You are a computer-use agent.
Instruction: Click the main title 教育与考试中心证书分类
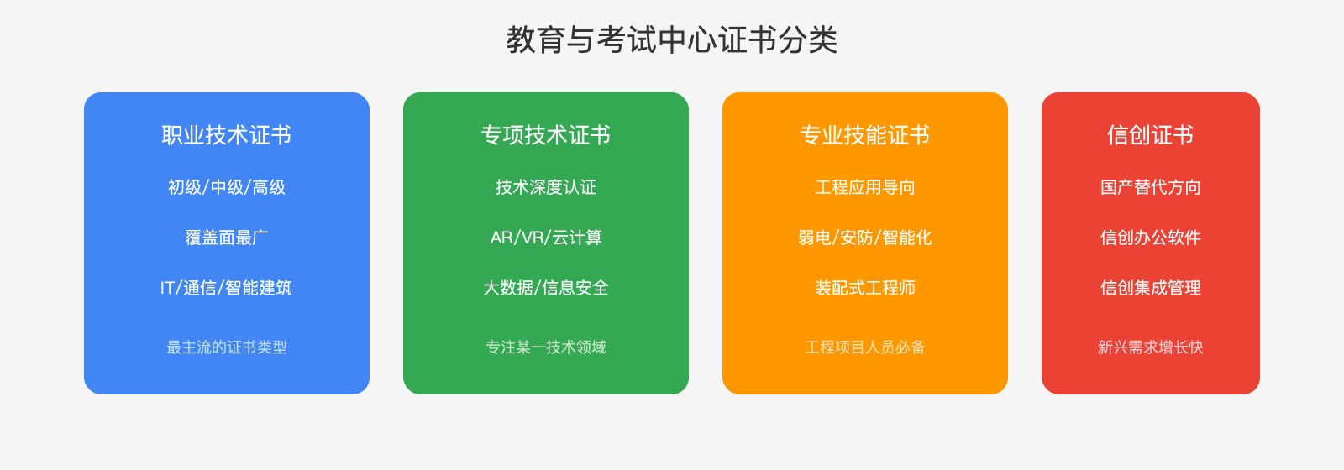point(672,40)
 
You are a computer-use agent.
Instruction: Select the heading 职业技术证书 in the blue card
point(227,135)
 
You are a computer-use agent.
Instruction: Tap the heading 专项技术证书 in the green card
point(546,135)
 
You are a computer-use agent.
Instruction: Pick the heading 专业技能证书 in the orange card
point(865,135)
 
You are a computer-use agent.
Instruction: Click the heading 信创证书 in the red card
point(1151,135)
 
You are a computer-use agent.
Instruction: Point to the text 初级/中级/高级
point(227,187)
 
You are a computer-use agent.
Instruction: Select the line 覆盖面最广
point(227,238)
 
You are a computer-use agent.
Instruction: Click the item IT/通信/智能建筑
point(227,288)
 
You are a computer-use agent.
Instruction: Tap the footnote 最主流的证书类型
point(227,347)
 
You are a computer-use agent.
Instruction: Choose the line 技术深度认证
point(546,187)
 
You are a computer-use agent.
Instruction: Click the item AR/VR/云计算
point(546,238)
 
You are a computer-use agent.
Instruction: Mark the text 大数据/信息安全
point(546,288)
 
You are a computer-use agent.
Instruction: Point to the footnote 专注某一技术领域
point(546,347)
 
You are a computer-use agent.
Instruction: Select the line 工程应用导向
point(865,187)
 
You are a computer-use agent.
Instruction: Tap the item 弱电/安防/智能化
point(865,238)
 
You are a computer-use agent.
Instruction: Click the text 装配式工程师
point(865,288)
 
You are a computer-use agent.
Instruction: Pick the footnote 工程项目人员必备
point(865,347)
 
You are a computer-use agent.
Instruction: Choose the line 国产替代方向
point(1151,187)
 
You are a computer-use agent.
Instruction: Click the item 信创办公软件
point(1151,238)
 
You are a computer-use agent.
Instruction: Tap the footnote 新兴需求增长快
point(1151,347)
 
